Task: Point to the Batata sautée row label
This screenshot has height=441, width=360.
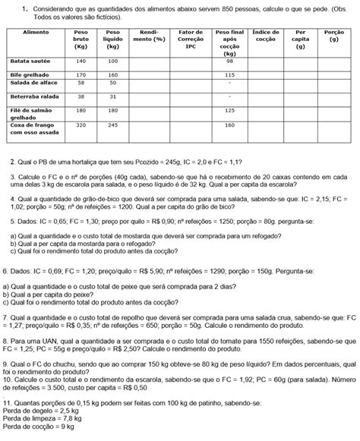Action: (30, 61)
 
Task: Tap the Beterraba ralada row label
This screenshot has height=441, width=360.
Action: (33, 96)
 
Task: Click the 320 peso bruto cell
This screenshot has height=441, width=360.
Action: (81, 124)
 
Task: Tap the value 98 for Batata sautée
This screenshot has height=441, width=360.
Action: (229, 61)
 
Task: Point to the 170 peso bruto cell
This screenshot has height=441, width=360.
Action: (81, 74)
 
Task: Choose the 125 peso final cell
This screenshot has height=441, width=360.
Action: (229, 110)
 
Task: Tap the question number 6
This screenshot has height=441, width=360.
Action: (6, 270)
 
